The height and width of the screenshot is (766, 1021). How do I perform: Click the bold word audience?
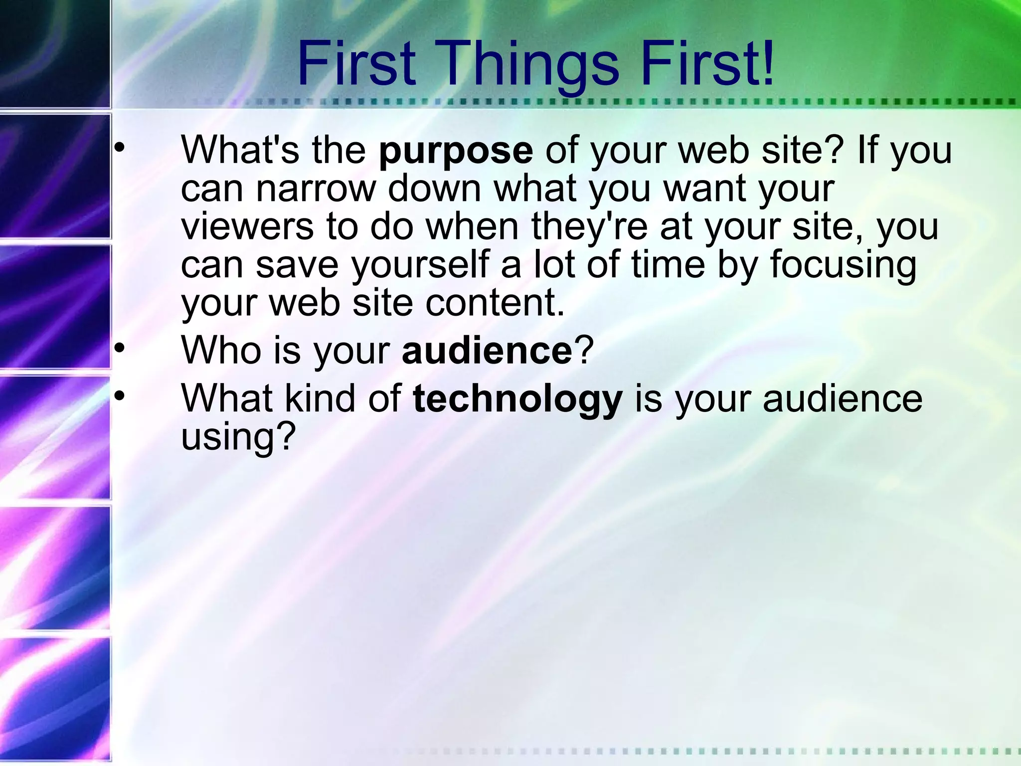(x=487, y=350)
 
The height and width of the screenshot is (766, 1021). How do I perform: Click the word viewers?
(x=247, y=227)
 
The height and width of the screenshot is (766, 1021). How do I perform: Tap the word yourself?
(x=420, y=265)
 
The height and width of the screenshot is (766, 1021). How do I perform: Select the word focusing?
(x=843, y=265)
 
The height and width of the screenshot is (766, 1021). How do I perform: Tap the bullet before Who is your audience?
(x=119, y=348)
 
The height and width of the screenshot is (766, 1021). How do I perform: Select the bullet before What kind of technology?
(x=119, y=396)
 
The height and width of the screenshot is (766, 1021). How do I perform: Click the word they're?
(x=589, y=227)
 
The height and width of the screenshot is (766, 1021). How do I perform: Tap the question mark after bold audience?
(x=584, y=350)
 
